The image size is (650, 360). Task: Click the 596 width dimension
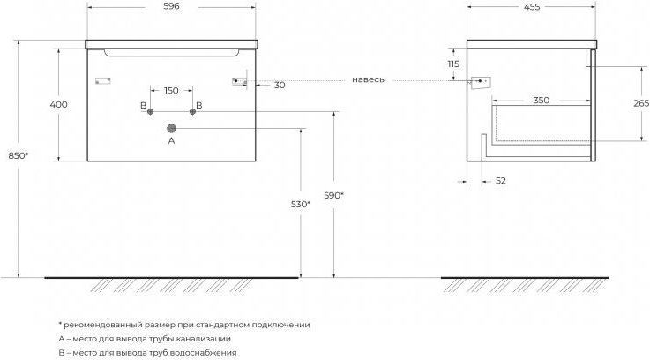point(171,7)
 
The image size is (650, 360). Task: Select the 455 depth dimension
point(532,7)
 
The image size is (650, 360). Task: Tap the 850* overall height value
point(19,156)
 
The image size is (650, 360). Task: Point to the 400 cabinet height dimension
point(58,104)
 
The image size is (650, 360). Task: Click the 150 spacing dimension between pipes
point(171,90)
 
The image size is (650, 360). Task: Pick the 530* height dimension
point(301,204)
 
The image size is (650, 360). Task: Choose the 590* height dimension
point(334,195)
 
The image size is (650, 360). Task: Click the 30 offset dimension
point(280,85)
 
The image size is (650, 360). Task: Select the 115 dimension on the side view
point(453,64)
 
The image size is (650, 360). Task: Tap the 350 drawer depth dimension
point(541,101)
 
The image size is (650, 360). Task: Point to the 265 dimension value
point(641,103)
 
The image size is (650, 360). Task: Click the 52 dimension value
point(501,181)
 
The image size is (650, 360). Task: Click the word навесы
point(369,79)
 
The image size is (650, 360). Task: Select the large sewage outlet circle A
point(172,129)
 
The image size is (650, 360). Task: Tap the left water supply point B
point(151,111)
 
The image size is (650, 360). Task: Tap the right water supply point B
point(192,111)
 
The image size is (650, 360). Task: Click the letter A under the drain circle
point(172,140)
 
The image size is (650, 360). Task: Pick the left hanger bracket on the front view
point(103,81)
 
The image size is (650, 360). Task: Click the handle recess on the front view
point(172,53)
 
